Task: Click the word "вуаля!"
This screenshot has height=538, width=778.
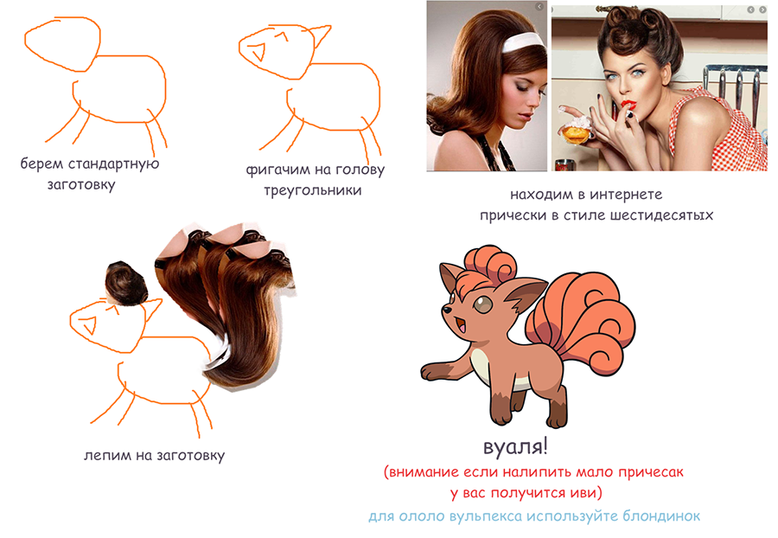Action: (x=515, y=446)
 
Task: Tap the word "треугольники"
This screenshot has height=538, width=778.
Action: (x=313, y=190)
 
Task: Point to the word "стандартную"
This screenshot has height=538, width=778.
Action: (x=113, y=163)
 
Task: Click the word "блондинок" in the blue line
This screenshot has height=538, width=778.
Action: (x=661, y=516)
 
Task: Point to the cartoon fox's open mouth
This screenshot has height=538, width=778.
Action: (x=461, y=326)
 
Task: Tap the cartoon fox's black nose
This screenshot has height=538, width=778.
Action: (x=448, y=310)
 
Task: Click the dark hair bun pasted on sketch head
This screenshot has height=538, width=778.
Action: (x=126, y=282)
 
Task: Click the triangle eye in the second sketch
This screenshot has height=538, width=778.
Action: (x=258, y=51)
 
